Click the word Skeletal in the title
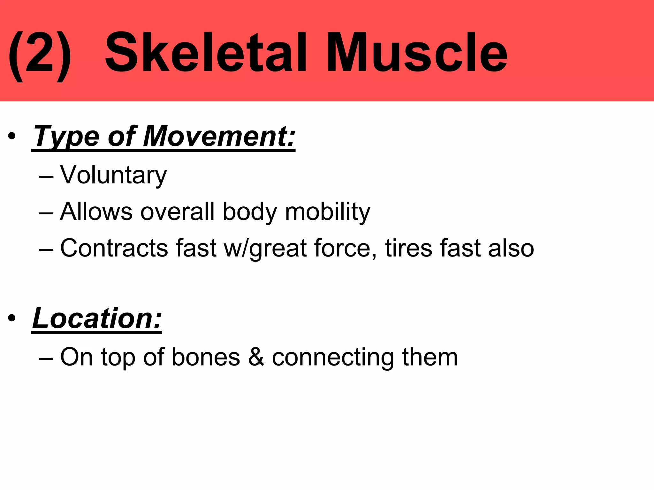pos(206,53)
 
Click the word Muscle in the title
pos(416,53)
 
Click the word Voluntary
pos(113,175)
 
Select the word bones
pos(206,357)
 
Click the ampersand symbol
pos(256,357)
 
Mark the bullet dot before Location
pos(12,318)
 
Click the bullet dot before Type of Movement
pos(12,137)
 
